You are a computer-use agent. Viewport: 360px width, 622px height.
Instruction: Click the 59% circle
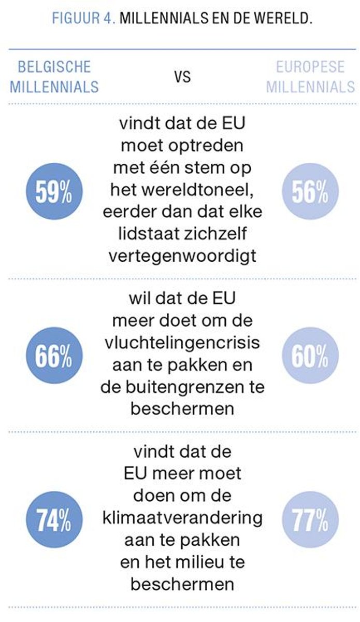[x=54, y=192]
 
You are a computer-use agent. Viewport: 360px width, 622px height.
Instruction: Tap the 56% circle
[x=310, y=192]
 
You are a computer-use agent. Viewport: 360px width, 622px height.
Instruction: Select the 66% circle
[x=54, y=356]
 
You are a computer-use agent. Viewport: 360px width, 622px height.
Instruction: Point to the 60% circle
[x=310, y=356]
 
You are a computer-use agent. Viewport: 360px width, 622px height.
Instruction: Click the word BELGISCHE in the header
[x=54, y=67]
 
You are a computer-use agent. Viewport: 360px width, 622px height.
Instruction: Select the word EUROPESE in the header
[x=310, y=67]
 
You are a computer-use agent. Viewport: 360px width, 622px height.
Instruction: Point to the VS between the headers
[x=182, y=77]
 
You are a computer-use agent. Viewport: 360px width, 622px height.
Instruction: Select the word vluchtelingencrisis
[x=182, y=343]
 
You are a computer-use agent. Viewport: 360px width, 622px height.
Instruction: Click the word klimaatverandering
[x=182, y=517]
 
